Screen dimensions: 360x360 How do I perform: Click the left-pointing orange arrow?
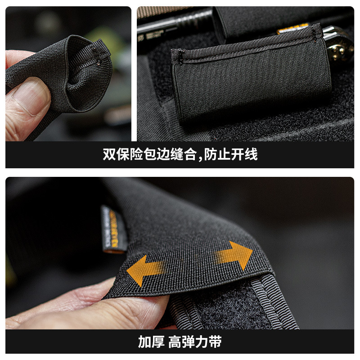143,269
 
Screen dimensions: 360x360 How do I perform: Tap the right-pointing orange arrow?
238,256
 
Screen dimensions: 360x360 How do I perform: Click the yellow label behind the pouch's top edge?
292,29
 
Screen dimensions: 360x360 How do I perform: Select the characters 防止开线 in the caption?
231,155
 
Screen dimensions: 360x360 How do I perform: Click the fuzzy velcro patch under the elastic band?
225,310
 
